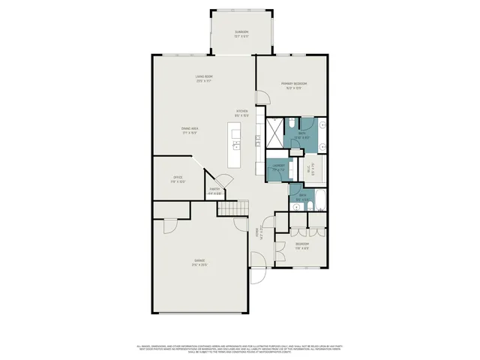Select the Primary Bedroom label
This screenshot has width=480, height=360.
pyautogui.click(x=294, y=85)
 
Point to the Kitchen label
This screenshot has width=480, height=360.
pyautogui.click(x=241, y=113)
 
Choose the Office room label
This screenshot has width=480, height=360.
pyautogui.click(x=178, y=179)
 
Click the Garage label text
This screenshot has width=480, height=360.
pyautogui.click(x=199, y=262)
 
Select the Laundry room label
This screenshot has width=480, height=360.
pyautogui.click(x=278, y=167)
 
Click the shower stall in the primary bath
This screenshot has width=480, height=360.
pyautogui.click(x=275, y=133)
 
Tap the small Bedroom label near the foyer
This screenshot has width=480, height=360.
pyautogui.click(x=301, y=246)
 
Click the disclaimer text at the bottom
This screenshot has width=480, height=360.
pyautogui.click(x=240, y=349)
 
